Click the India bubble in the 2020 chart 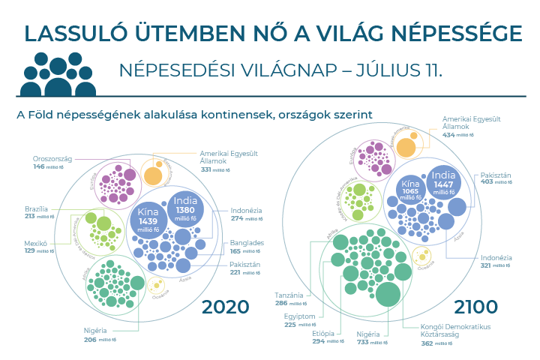click(184, 205)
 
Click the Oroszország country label click(52, 158)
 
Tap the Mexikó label click(35, 243)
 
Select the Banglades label click(247, 242)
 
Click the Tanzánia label click(289, 295)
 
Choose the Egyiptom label click(301, 316)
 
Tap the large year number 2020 click(225, 307)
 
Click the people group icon click(63, 73)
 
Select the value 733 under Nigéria click(362, 341)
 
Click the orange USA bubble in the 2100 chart click(406, 145)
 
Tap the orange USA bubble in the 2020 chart click(153, 175)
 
